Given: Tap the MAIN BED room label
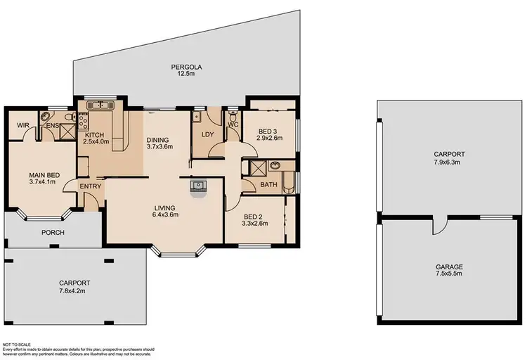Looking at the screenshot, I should tap(44, 176).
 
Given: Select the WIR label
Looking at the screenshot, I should tap(22, 125).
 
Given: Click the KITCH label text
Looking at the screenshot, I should tap(95, 135).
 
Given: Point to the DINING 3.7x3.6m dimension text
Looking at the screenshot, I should tap(159, 147).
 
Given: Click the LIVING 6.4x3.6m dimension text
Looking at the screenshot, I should tap(169, 215).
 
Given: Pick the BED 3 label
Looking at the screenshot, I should tap(268, 131).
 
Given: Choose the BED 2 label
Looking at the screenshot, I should tap(254, 217).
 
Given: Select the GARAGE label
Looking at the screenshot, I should tap(450, 267).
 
